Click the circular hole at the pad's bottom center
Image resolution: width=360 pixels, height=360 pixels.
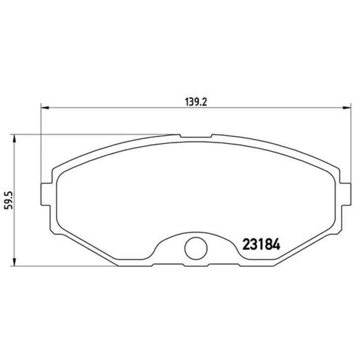point(194,249)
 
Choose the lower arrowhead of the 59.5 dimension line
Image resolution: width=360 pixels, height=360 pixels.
point(14,262)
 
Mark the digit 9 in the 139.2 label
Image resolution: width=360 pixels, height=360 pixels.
point(196,102)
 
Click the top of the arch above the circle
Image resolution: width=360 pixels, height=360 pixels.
point(194,230)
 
